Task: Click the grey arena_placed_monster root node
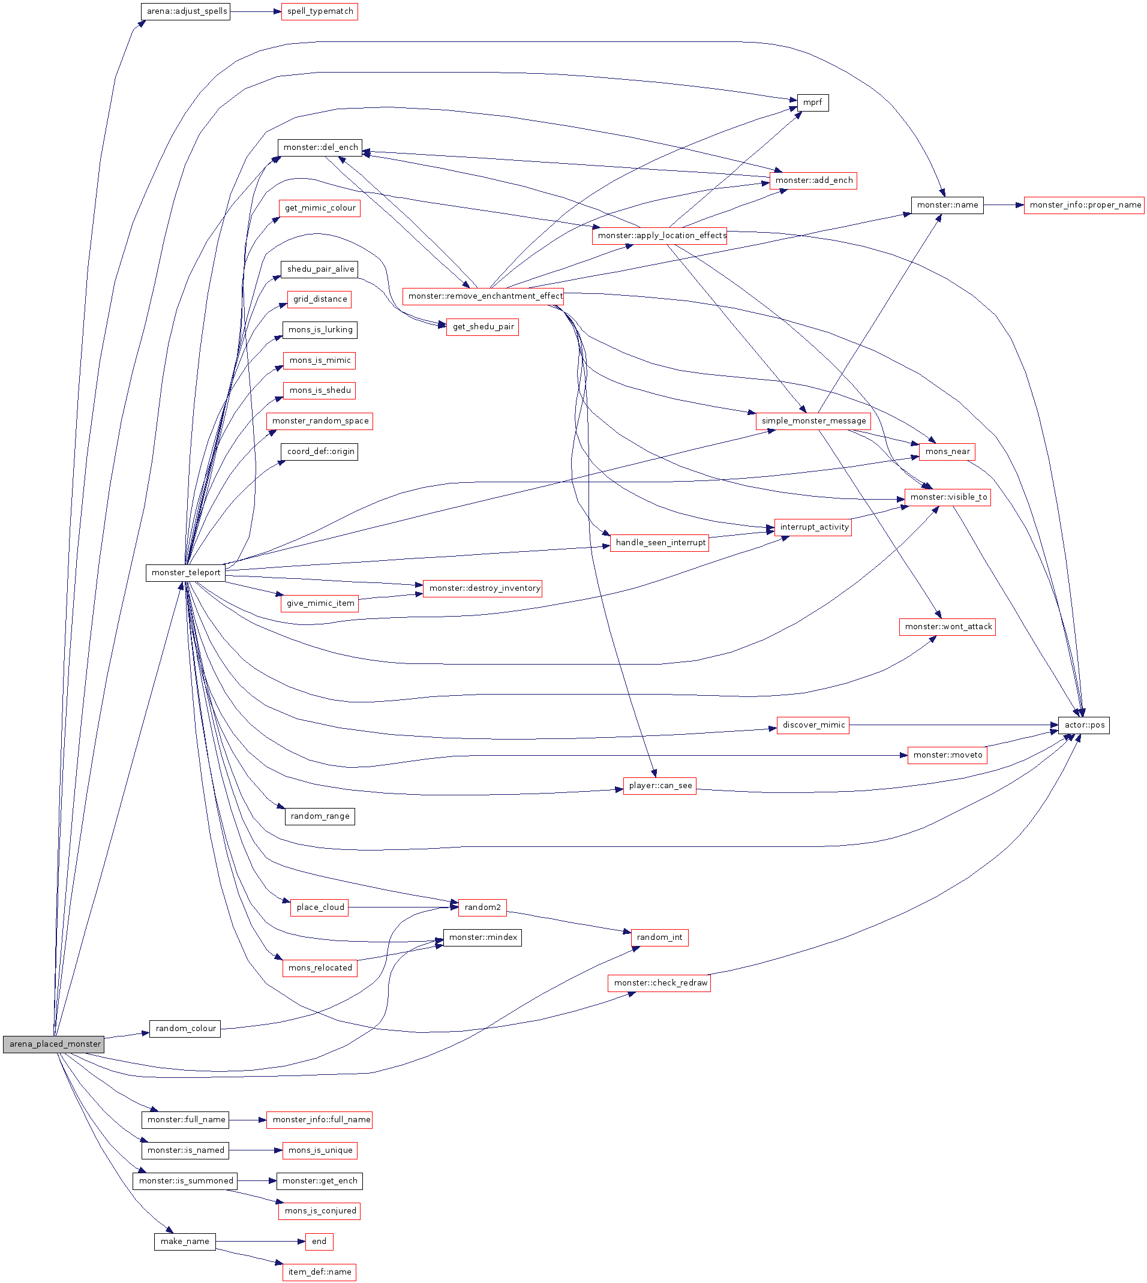(53, 1044)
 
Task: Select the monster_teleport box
(185, 573)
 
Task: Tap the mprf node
(812, 103)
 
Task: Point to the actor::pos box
(1083, 725)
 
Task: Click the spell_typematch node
(320, 12)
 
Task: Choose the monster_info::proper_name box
(1084, 205)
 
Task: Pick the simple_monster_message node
(813, 421)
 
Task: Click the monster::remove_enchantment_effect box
(484, 296)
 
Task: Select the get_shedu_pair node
(482, 327)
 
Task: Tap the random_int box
(659, 938)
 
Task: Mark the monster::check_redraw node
(659, 983)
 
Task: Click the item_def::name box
(319, 1272)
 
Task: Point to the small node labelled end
(319, 1242)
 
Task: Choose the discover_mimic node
(813, 725)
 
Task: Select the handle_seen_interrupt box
(659, 543)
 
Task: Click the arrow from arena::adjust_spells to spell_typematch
(255, 12)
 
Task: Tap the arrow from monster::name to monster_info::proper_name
(1003, 205)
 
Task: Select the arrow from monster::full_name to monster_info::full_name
(248, 1120)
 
